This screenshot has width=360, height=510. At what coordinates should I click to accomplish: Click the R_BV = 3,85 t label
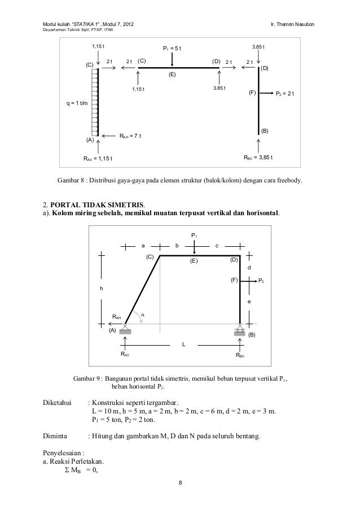click(258, 158)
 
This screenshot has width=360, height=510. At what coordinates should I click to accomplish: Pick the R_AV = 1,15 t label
click(98, 158)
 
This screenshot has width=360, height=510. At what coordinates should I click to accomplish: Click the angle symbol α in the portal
click(143, 315)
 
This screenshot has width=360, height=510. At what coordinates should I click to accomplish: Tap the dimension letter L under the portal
click(183, 344)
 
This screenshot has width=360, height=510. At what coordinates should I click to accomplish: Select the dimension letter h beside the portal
click(102, 289)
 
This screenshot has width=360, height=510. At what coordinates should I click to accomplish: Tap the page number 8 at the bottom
click(180, 483)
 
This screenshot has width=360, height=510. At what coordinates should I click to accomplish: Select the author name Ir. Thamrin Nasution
click(296, 23)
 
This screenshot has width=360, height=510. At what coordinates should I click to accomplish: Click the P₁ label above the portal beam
click(194, 235)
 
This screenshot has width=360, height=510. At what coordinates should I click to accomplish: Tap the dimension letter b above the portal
click(177, 246)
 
